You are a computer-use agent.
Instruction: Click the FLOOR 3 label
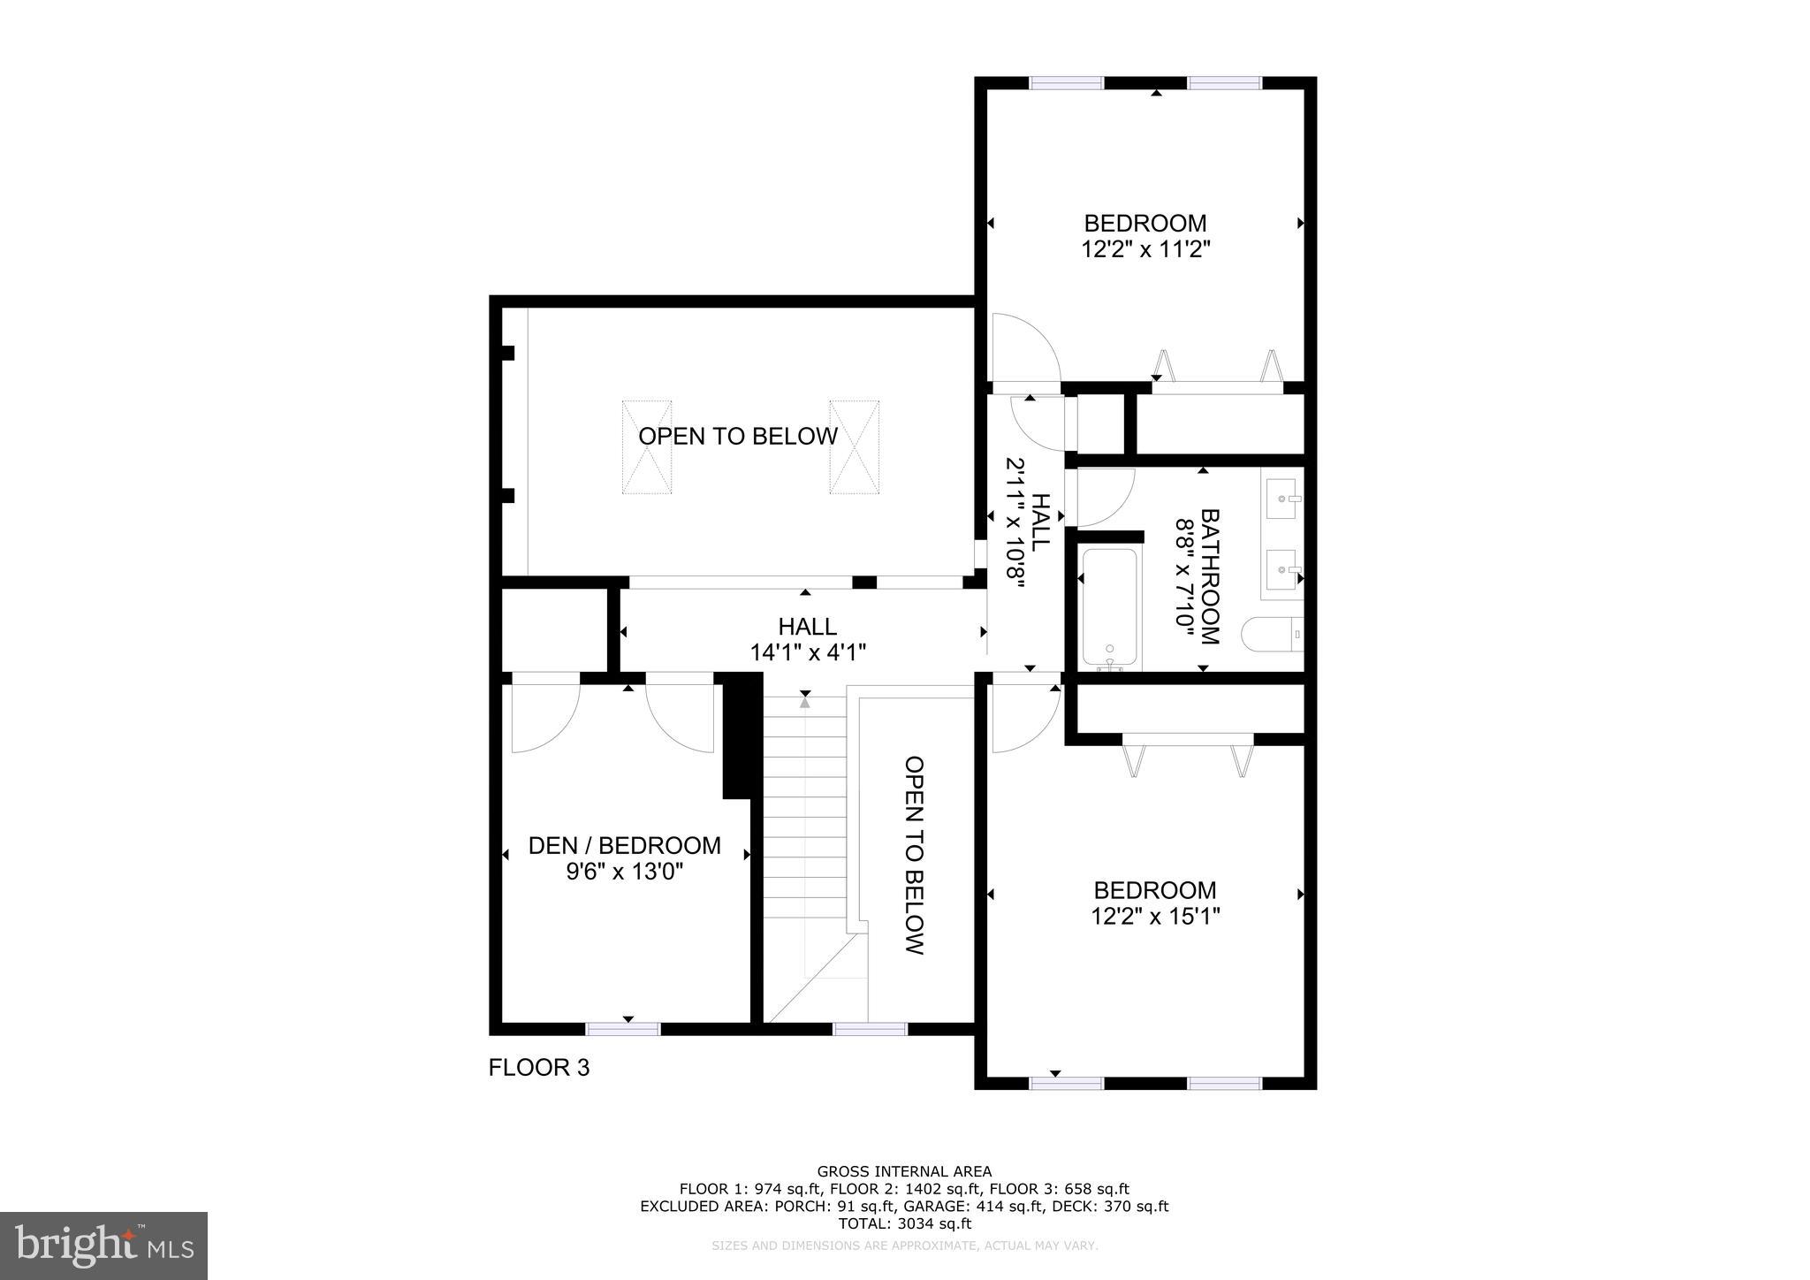coord(538,1068)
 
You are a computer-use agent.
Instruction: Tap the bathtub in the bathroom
coord(1109,609)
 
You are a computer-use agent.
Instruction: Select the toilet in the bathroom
coord(1271,634)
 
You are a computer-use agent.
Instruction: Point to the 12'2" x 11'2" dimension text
coord(1145,250)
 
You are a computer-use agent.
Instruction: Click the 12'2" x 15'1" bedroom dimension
coord(1155,917)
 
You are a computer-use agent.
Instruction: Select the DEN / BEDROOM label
coord(624,846)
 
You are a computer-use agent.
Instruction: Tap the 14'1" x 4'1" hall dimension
coord(807,653)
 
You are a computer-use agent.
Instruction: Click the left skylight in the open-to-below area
coord(646,447)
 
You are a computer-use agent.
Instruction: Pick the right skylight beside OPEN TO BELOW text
coord(854,447)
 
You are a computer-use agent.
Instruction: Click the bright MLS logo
coord(103,1246)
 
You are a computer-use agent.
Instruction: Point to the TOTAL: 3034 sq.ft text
coord(904,1223)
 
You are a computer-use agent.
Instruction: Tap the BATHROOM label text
coord(1209,576)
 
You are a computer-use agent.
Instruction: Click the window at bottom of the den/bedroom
coord(623,1029)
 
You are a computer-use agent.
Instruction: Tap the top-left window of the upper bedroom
coord(1067,83)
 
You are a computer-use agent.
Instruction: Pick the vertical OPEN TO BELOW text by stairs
coord(915,855)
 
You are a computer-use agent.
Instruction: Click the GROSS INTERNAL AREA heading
coord(904,1172)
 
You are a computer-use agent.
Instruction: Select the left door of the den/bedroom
coord(544,712)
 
